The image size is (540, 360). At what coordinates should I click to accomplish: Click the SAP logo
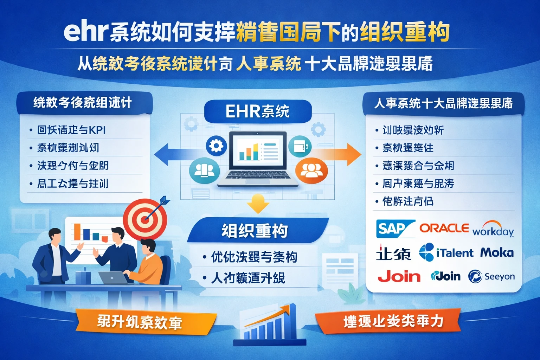[394, 229]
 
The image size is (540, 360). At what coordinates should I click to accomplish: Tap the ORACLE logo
[444, 228]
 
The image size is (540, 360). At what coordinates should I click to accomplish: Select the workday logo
[493, 230]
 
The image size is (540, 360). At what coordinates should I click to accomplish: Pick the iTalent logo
[446, 252]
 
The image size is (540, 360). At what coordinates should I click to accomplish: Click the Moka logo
[496, 252]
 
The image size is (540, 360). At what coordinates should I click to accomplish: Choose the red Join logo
[399, 276]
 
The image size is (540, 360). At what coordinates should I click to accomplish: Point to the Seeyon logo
[491, 276]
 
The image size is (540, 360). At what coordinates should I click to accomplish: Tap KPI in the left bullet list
[97, 130]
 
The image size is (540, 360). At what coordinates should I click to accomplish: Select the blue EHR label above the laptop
[257, 111]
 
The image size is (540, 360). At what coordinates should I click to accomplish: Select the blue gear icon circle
[216, 146]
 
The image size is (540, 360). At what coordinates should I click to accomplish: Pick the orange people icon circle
[311, 171]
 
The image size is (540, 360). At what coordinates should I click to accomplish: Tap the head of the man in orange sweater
[148, 246]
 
